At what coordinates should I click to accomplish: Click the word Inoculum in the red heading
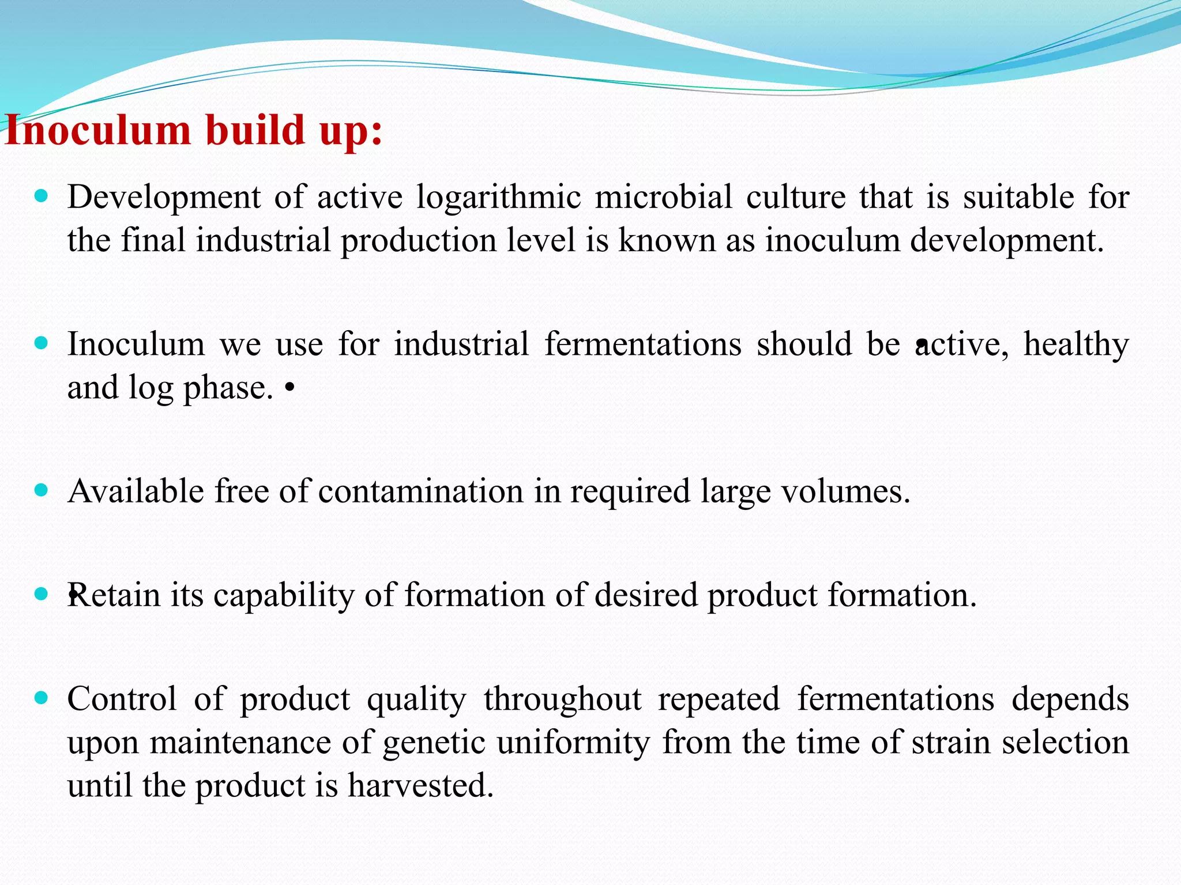(98, 130)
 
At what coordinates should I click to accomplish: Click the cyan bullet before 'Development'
(41, 196)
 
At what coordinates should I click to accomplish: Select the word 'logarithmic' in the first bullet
(498, 198)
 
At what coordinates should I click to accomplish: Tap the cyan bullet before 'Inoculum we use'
(41, 343)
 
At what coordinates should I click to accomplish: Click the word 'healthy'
(1076, 345)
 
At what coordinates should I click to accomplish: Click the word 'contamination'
(420, 492)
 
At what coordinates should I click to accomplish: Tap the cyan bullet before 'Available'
(41, 490)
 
